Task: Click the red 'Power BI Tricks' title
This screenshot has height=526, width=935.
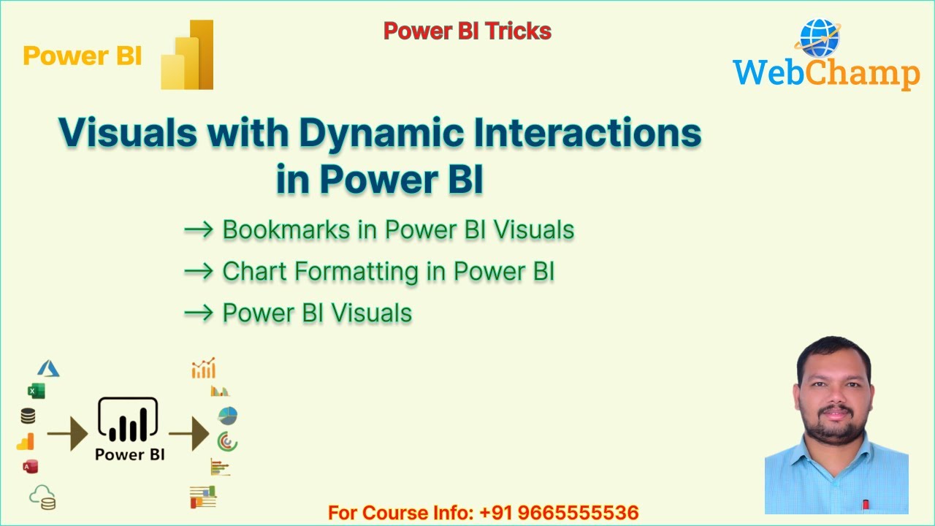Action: point(467,31)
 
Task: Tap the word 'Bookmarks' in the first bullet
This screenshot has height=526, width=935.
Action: point(286,229)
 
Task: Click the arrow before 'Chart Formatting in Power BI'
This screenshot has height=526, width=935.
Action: point(198,272)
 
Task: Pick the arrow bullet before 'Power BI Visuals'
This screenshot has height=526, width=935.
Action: point(198,313)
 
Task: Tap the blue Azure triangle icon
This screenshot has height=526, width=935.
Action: point(48,368)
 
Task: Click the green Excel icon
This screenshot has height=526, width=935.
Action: point(36,391)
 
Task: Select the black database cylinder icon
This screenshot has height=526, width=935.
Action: point(28,416)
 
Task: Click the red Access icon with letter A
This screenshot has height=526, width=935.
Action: point(30,466)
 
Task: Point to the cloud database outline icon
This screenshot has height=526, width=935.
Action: point(42,498)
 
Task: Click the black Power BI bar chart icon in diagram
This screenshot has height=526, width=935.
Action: point(128,422)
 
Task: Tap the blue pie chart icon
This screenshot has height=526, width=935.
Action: point(227,416)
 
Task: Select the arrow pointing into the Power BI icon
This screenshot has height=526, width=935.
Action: point(67,436)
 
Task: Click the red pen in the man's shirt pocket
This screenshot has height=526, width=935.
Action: point(866,504)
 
